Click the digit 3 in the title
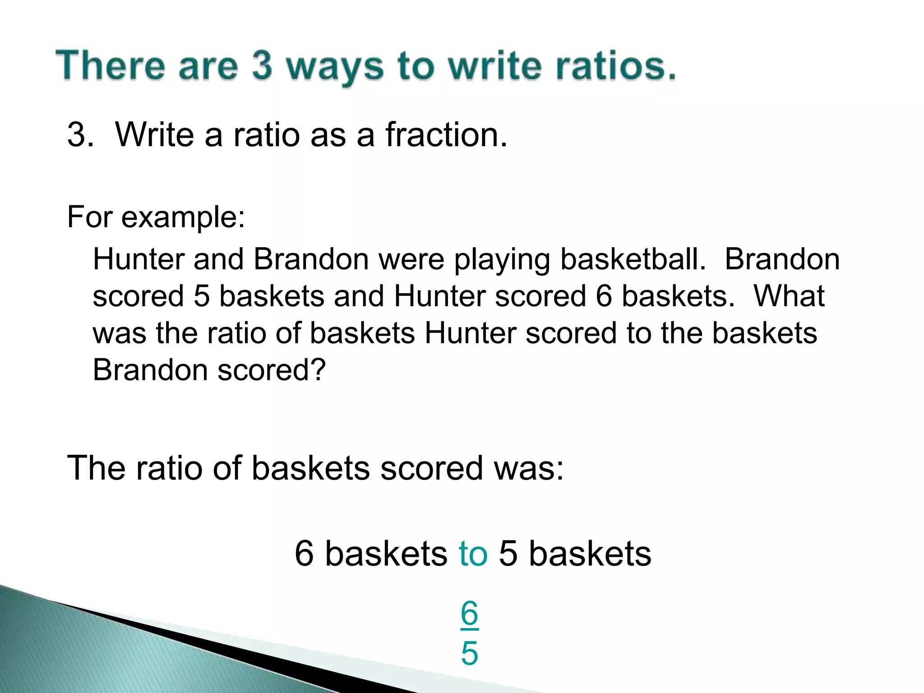[x=262, y=66]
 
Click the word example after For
[x=183, y=218]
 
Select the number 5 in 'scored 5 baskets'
[x=202, y=296]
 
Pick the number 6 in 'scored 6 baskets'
[x=604, y=296]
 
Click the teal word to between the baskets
[x=473, y=554]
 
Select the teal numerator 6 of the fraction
[x=469, y=614]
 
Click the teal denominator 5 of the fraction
[x=469, y=653]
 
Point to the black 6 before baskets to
[x=304, y=554]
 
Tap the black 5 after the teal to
[x=508, y=554]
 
